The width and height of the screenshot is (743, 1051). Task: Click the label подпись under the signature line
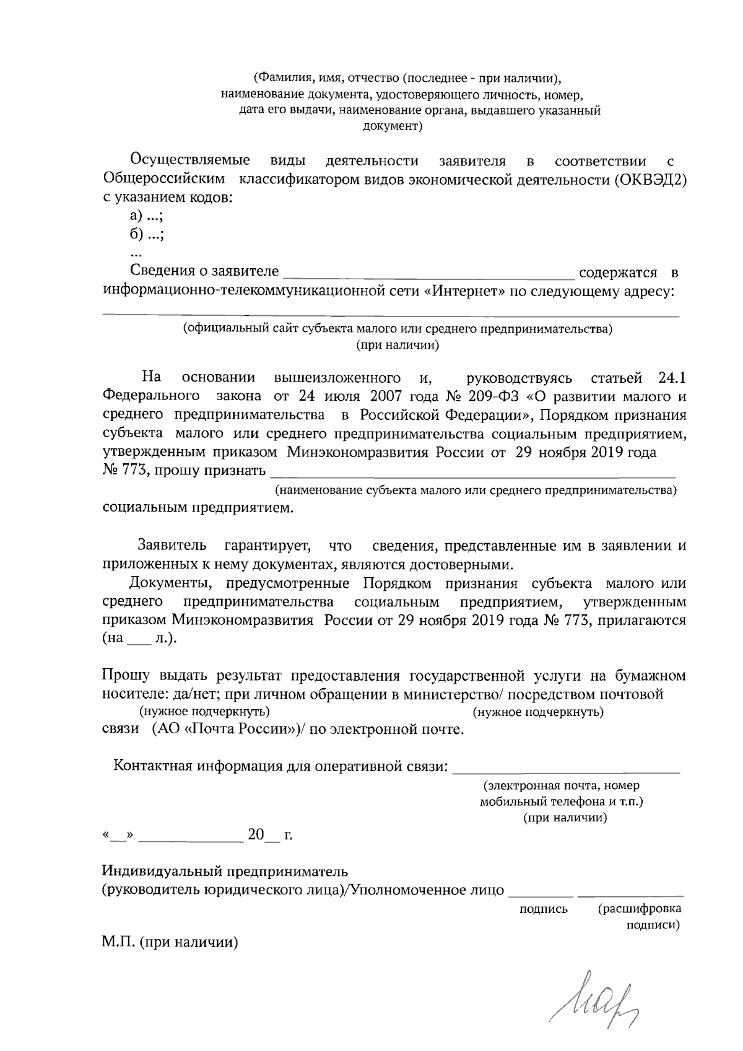click(544, 909)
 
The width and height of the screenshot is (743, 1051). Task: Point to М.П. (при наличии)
click(170, 943)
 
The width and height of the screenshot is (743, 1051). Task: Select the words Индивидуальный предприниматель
click(225, 872)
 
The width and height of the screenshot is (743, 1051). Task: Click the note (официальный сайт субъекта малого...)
click(397, 329)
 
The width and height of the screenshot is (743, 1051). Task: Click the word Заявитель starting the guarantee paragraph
click(172, 546)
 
